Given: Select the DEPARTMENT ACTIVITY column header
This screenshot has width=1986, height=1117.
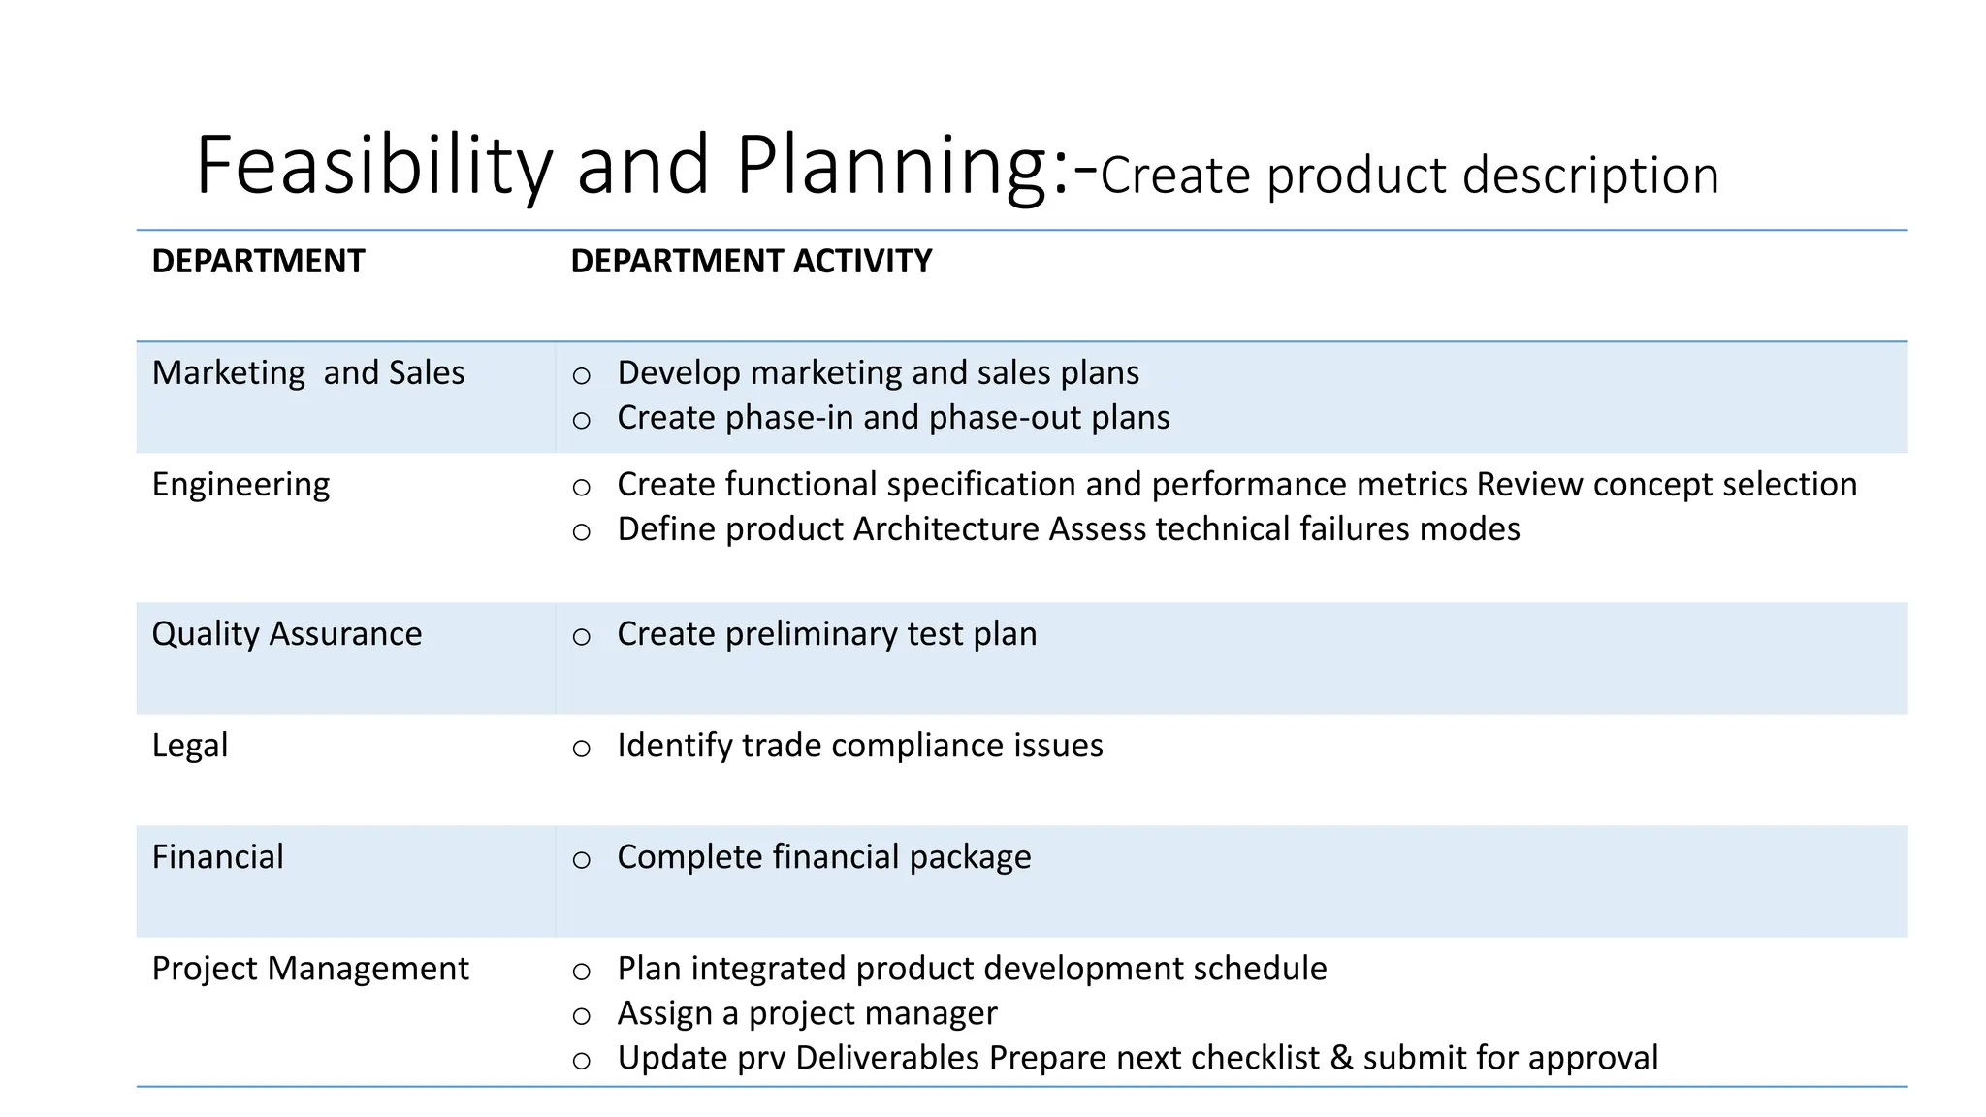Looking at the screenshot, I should [x=751, y=261].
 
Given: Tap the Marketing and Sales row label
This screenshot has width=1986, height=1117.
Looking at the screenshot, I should [x=307, y=372].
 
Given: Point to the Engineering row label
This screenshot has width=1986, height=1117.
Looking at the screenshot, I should [x=240, y=484].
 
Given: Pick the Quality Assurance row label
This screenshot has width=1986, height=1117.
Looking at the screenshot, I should [x=286, y=633].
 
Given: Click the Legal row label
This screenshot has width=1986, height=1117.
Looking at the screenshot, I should [x=190, y=745].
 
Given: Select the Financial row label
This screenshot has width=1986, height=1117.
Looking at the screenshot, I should [x=217, y=856].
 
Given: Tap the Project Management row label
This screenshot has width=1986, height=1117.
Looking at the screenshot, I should [x=309, y=968].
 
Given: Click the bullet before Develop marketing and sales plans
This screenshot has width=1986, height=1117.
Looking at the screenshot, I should [x=581, y=375].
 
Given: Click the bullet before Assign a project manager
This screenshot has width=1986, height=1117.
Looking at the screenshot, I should [x=581, y=1015].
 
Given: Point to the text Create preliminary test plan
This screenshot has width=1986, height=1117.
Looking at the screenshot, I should [x=826, y=633].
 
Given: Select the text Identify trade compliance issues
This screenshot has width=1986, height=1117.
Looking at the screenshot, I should [x=859, y=745].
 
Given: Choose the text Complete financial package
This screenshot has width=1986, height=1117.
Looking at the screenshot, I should [x=823, y=856].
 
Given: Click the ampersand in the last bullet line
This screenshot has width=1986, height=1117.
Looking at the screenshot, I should [x=1341, y=1057].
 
